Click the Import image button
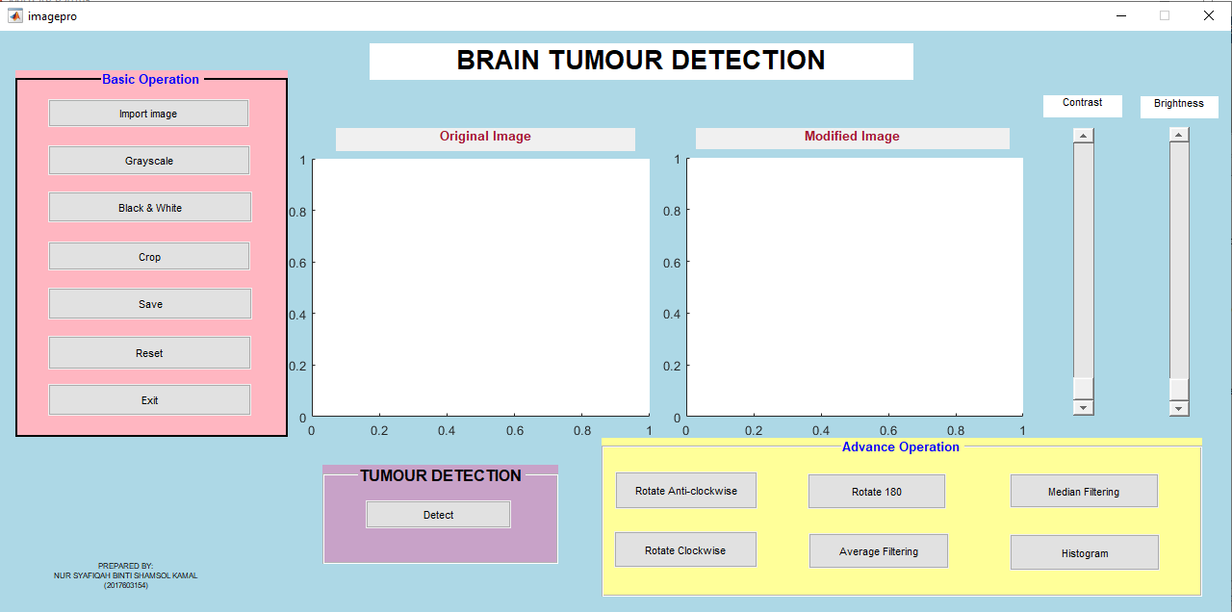pos(148,114)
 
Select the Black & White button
pos(149,207)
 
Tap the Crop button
pos(149,256)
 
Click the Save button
pos(149,303)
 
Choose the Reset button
pos(149,352)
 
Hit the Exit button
pos(149,399)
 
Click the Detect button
pos(438,515)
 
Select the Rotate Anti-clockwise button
pos(686,491)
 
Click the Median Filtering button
pos(1084,491)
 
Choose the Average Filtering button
pos(879,551)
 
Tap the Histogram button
pos(1084,552)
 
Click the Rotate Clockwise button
pos(685,549)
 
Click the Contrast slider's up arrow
pos(1083,136)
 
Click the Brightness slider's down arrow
pos(1179,409)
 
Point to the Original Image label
pos(485,137)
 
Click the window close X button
pos(1208,15)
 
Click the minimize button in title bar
pos(1121,15)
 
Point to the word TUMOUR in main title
pos(605,61)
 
